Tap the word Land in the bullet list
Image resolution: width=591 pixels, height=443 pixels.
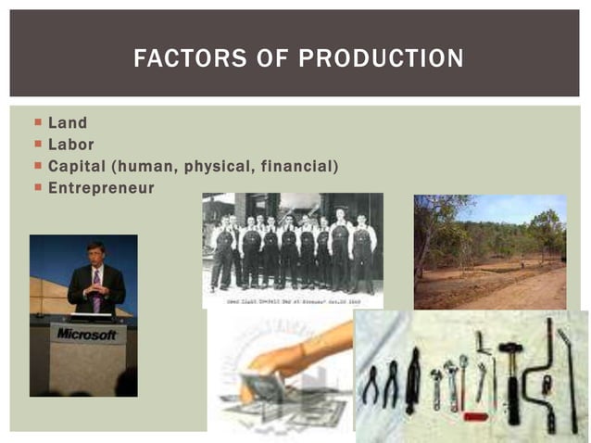coord(68,123)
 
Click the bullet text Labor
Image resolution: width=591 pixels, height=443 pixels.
coord(70,145)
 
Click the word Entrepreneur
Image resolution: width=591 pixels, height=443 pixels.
coord(101,188)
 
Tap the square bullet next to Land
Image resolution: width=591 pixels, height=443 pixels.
coord(38,122)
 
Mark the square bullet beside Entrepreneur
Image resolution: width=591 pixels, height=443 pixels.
coord(38,187)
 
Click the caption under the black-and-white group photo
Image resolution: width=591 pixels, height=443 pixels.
coord(292,301)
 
